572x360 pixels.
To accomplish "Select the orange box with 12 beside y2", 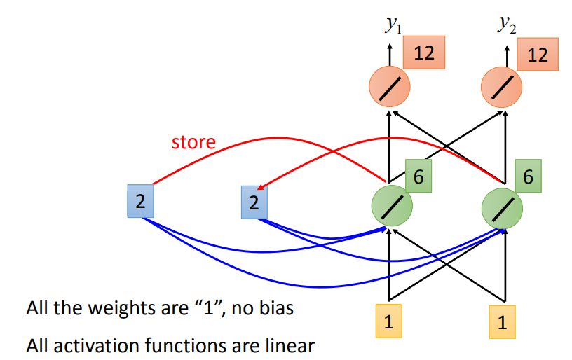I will [x=538, y=54].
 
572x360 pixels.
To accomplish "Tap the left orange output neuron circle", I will [x=390, y=87].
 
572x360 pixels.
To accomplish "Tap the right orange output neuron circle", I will [x=502, y=87].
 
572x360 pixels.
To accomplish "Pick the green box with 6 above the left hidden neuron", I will [x=418, y=177].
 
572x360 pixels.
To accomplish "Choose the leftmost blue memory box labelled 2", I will [x=140, y=202].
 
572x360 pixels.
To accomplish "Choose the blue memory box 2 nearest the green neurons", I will [x=254, y=202].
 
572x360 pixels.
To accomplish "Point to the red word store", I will [x=193, y=142].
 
